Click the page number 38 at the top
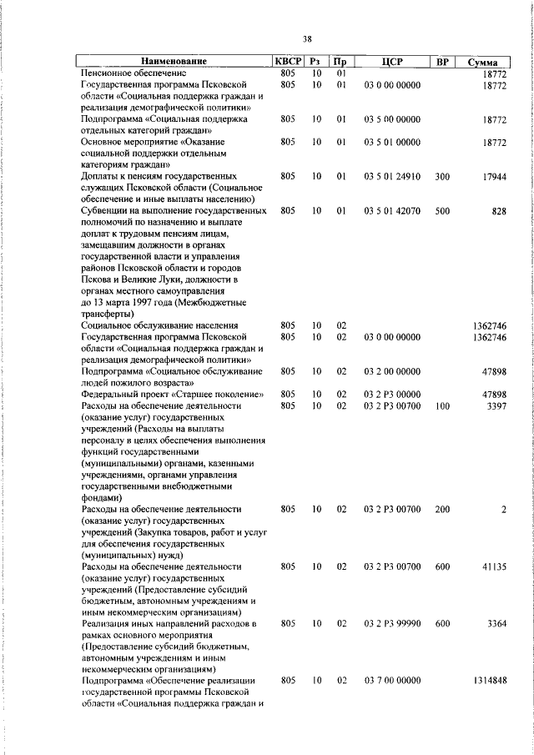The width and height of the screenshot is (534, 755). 307,38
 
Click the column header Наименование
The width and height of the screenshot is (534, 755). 173,62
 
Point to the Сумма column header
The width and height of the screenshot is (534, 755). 484,63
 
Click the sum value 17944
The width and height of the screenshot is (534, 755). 493,177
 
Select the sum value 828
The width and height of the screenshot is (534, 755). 499,212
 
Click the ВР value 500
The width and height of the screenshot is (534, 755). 442,212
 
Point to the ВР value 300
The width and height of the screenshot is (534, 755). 442,177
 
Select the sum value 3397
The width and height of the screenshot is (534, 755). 496,405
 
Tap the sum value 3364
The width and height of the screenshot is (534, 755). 496,623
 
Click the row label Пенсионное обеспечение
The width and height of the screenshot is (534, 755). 133,73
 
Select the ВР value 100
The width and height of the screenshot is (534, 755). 442,405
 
